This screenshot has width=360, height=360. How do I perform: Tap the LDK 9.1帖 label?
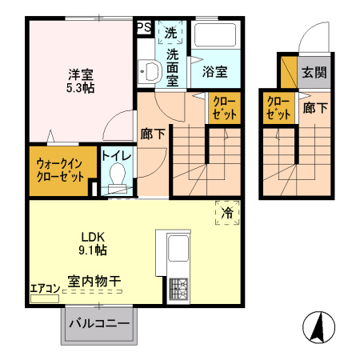coord(92,242)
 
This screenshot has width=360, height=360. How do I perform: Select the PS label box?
coord(144,27)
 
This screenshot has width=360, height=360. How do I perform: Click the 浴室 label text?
coord(214,72)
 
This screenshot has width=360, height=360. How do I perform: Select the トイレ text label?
coord(117,155)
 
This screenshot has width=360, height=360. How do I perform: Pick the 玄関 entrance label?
coord(314,72)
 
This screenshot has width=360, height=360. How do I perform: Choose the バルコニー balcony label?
coord(98,323)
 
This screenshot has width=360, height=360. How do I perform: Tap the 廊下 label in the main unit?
coord(153,134)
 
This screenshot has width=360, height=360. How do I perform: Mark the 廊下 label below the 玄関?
coord(314,108)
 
